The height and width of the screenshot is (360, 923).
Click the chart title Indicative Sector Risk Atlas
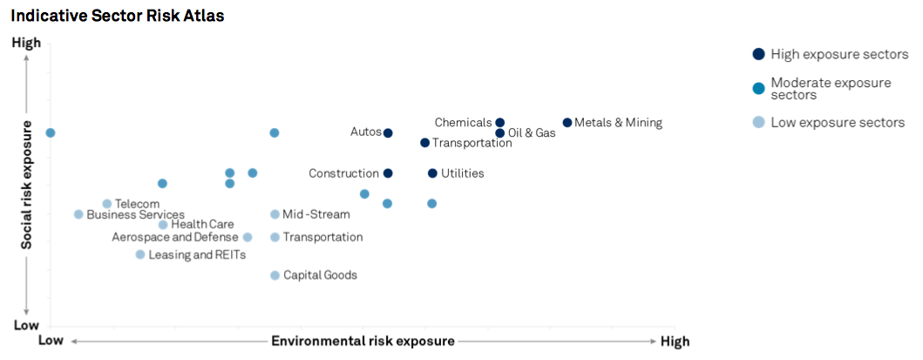tap(118, 17)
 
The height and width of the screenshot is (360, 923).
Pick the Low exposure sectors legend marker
tap(758, 122)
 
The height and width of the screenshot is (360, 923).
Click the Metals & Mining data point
tap(567, 123)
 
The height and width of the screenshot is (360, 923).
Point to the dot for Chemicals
tap(500, 123)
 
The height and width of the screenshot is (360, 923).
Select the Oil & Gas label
tap(531, 133)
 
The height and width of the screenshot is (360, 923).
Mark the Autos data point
tap(388, 133)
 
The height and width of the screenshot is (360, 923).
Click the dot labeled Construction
tap(388, 173)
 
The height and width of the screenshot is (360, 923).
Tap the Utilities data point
tap(432, 173)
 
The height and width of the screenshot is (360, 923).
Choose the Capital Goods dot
tap(275, 275)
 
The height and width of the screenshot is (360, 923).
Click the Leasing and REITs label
tap(197, 255)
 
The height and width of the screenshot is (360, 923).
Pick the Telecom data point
tap(107, 204)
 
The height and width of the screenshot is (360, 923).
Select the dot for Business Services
tap(78, 214)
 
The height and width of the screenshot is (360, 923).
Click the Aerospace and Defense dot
tap(248, 237)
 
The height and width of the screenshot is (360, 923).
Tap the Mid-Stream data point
tap(275, 214)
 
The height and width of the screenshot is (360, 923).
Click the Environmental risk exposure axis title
tap(363, 341)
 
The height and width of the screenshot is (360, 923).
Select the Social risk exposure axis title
tap(27, 186)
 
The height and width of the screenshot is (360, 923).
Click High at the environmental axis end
tap(675, 341)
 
